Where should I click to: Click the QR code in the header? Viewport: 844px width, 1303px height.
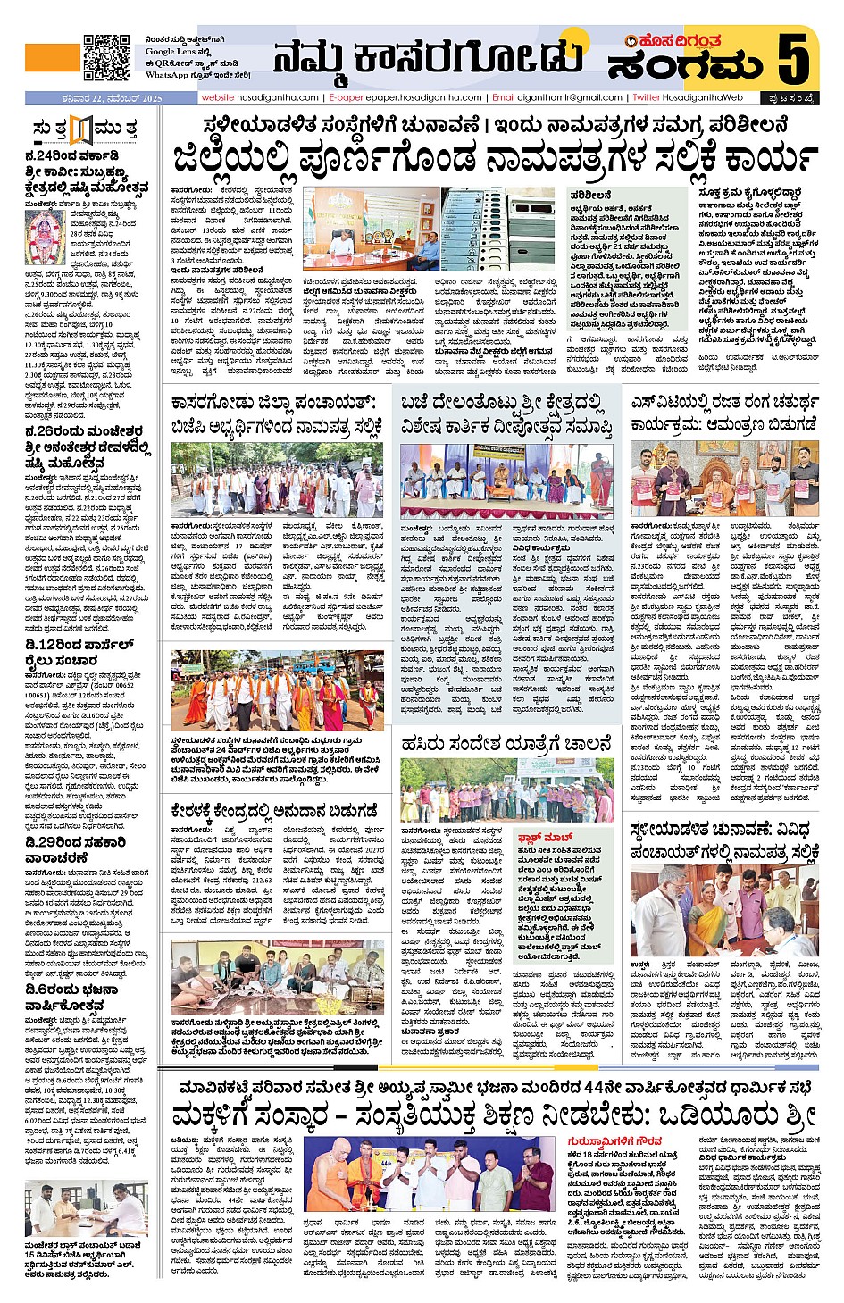tap(107, 58)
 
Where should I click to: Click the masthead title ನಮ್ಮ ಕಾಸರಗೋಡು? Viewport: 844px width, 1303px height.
tap(428, 58)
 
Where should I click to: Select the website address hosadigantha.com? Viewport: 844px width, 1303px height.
tap(260, 97)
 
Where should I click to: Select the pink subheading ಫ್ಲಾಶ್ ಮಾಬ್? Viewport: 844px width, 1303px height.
tap(540, 838)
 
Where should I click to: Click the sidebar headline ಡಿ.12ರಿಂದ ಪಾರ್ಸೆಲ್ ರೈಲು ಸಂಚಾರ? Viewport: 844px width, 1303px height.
tap(79, 653)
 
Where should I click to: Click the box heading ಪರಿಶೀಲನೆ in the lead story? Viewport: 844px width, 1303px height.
tap(590, 194)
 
